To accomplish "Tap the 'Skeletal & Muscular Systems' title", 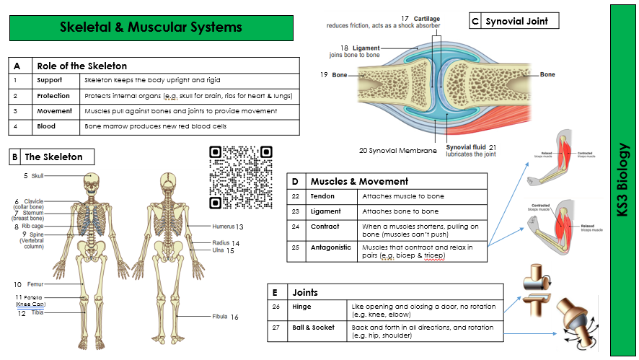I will point(151,27).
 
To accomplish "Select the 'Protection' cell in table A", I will point(54,95).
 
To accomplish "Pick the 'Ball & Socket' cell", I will point(313,328).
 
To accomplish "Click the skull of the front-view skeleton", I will point(92,181).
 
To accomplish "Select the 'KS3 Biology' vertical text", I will point(624,180).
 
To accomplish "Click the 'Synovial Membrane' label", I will point(398,151).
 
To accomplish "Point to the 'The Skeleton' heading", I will point(53,157).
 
